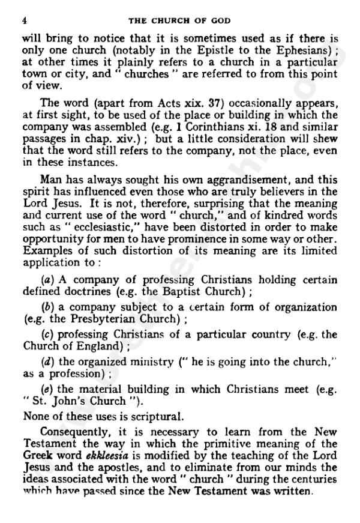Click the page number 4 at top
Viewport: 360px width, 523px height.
(x=23, y=20)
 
